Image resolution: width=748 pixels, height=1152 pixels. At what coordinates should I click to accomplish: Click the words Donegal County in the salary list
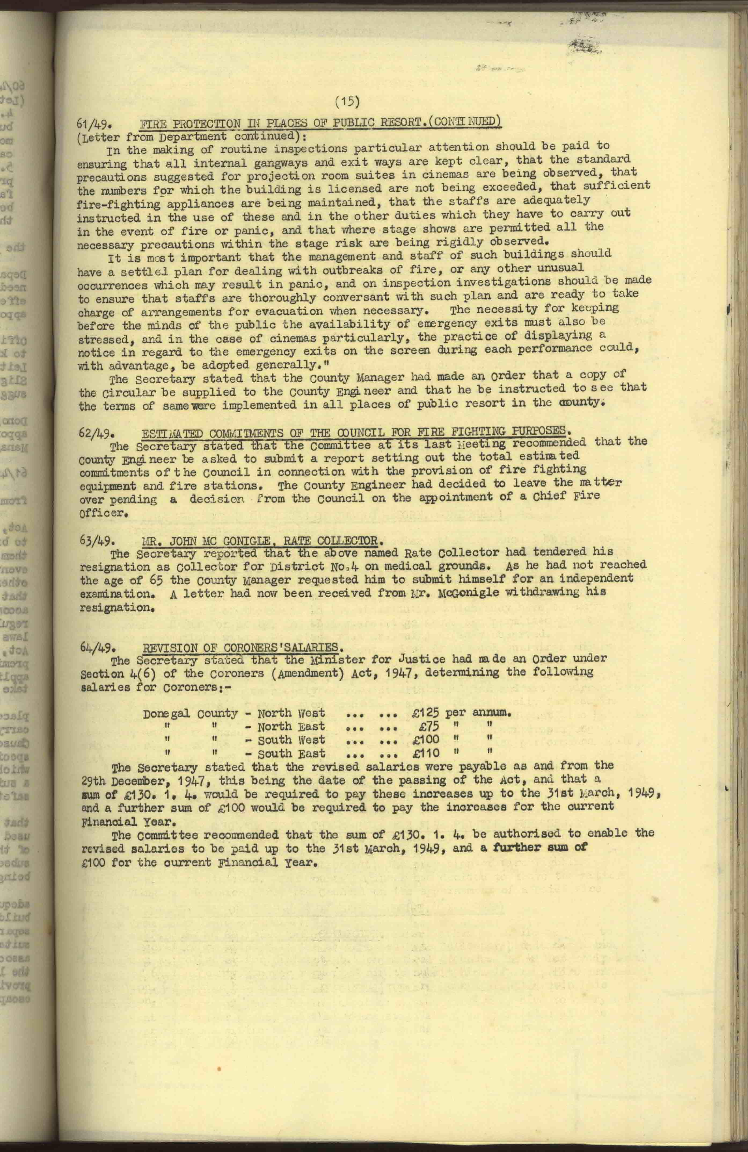tap(191, 713)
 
